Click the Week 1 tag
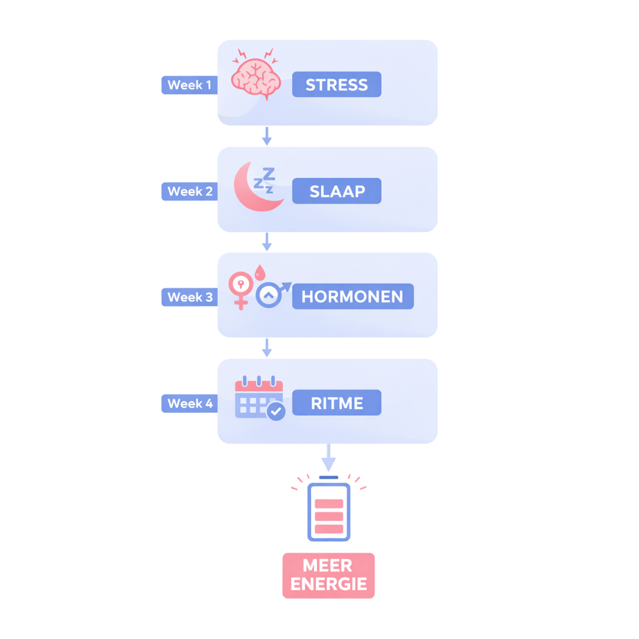pos(189,85)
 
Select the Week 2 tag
pos(190,192)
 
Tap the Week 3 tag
pos(190,297)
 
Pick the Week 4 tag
pos(190,403)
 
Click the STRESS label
pos(337,85)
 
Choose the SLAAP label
pos(337,191)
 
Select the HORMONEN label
pos(353,297)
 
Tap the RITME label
pos(337,403)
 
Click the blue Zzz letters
pos(265,180)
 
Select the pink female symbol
pos(240,288)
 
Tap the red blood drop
pos(259,273)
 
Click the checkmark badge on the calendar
pos(276,411)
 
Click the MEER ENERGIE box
pos(329,575)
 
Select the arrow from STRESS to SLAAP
pos(267,136)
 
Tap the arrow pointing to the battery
pos(329,458)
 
